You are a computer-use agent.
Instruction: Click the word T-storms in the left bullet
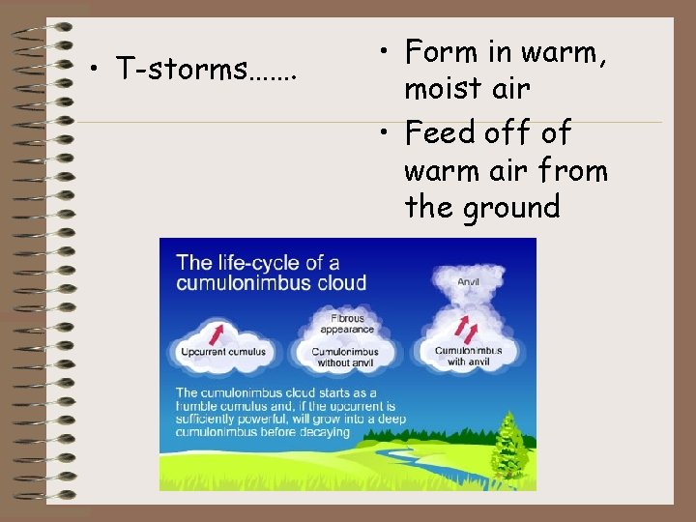point(180,70)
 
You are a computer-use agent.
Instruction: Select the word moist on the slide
point(444,89)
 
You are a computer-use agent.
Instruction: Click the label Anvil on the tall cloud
point(469,282)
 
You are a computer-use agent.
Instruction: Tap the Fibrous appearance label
point(348,322)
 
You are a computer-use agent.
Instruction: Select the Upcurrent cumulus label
point(223,352)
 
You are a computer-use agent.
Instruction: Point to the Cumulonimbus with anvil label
point(469,356)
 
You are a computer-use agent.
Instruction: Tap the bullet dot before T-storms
point(98,71)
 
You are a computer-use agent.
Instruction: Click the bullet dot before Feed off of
point(387,132)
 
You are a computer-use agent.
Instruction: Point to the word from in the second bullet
point(587,170)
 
